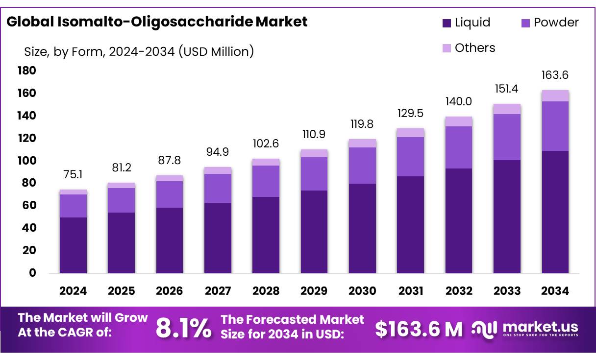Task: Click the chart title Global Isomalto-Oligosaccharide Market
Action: pyautogui.click(x=157, y=22)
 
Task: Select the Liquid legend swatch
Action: pyautogui.click(x=447, y=23)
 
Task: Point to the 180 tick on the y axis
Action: pyautogui.click(x=26, y=71)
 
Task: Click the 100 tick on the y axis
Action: pyautogui.click(x=26, y=161)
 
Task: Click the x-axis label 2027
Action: pyautogui.click(x=218, y=291)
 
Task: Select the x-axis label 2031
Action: pyautogui.click(x=410, y=291)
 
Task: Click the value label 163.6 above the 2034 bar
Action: pyautogui.click(x=555, y=75)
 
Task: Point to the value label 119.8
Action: pyautogui.click(x=362, y=124)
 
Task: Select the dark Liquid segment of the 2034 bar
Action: pyautogui.click(x=555, y=212)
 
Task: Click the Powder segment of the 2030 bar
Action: pyautogui.click(x=362, y=166)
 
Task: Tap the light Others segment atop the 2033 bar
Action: pyautogui.click(x=507, y=109)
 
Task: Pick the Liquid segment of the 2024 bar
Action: pyautogui.click(x=73, y=245)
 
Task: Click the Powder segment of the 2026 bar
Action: pyautogui.click(x=170, y=194)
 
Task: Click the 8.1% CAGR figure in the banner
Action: pyautogui.click(x=184, y=329)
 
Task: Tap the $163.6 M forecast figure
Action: pyautogui.click(x=419, y=329)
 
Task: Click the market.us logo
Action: pyautogui.click(x=525, y=329)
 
